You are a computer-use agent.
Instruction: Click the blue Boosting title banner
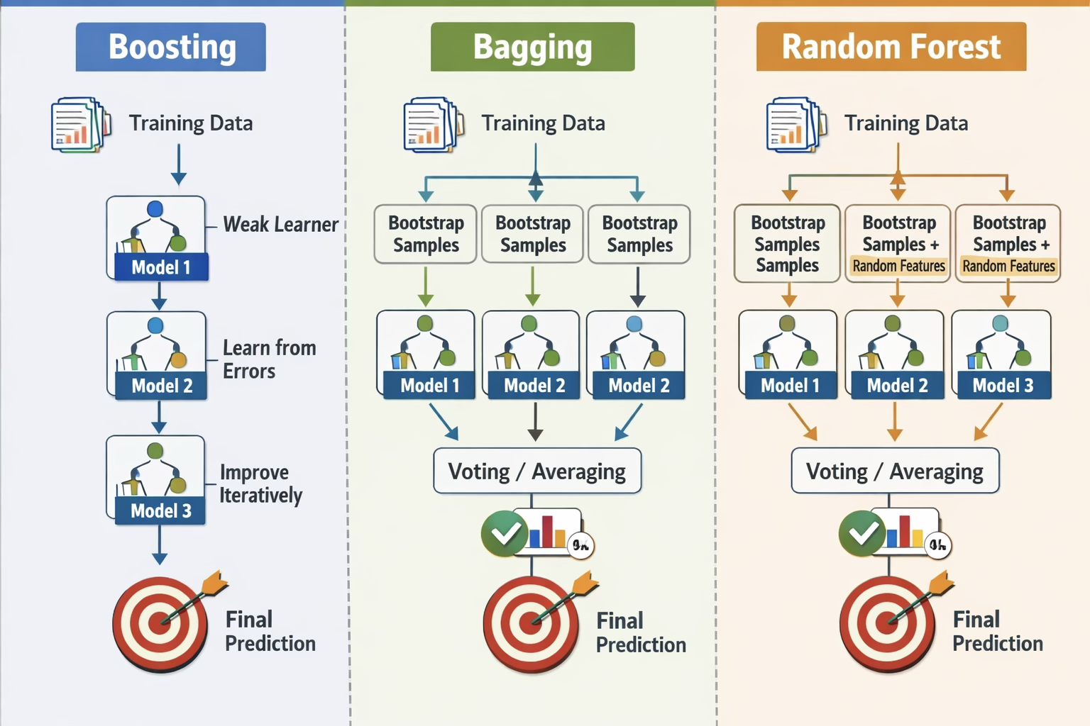pos(171,47)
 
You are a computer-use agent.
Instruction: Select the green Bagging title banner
pos(532,47)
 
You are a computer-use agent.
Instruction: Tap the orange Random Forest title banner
pos(891,47)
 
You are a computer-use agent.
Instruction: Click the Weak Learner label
pos(280,225)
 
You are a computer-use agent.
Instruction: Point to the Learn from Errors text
pos(268,359)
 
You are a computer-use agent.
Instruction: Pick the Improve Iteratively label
pos(260,484)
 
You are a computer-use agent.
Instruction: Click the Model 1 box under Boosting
pos(157,239)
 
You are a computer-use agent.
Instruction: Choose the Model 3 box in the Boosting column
pos(156,480)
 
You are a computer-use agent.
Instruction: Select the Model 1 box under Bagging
pos(426,354)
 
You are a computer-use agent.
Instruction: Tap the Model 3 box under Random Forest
pos(1001,354)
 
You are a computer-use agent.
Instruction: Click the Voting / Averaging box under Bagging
pos(537,471)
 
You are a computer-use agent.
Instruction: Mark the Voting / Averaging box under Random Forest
pos(895,471)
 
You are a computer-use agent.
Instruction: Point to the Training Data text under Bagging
pos(543,123)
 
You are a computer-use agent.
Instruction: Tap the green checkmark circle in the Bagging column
pos(504,533)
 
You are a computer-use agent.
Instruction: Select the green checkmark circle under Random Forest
pos(862,533)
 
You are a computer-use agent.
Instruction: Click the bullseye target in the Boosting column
pos(160,625)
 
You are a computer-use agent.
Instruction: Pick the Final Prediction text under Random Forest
pos(997,631)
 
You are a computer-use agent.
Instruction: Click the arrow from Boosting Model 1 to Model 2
pos(159,295)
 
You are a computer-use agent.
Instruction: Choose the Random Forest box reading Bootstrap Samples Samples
pos(787,243)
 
